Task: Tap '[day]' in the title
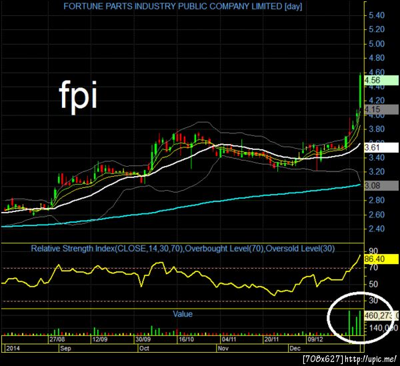[293, 7]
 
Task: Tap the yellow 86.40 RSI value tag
[377, 257]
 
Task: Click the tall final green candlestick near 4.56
[361, 90]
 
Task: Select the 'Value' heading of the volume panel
[182, 313]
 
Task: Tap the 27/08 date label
[56, 339]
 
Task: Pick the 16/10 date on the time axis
[186, 339]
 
